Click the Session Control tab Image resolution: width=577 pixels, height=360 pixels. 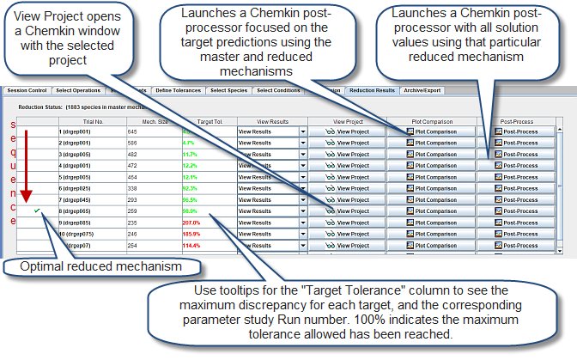coord(26,89)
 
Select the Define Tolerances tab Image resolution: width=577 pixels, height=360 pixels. coord(178,89)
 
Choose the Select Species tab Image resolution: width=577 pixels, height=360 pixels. coord(228,89)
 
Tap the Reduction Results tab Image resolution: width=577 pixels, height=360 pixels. coord(372,89)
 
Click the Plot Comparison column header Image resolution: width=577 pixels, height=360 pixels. coord(433,121)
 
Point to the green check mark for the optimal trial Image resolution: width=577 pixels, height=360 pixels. coord(36,210)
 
